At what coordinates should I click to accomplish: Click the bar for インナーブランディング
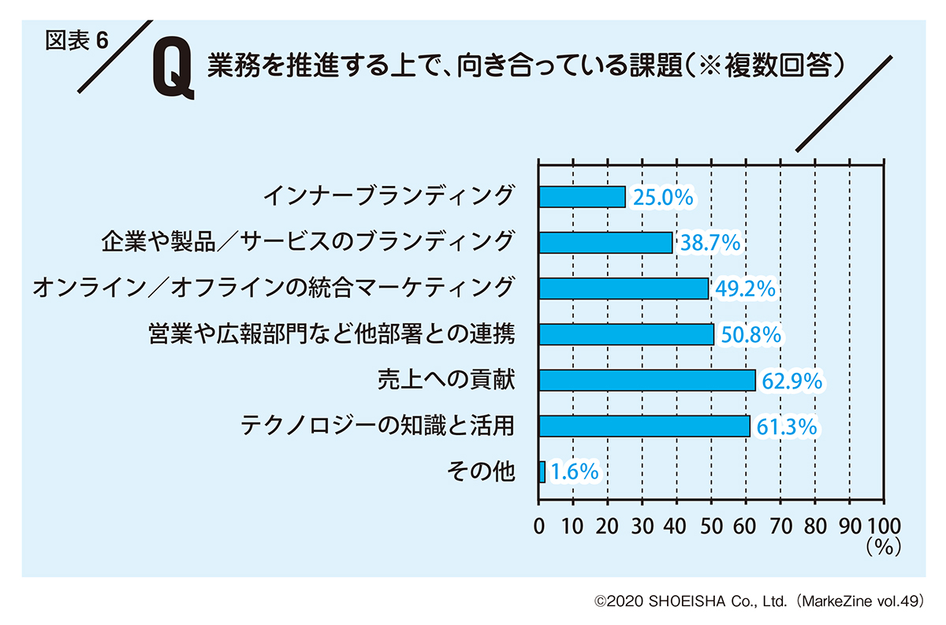click(x=582, y=196)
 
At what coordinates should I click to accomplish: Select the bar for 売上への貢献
click(x=646, y=381)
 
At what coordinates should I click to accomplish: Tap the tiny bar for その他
click(x=542, y=472)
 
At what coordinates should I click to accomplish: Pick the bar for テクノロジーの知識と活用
click(x=644, y=426)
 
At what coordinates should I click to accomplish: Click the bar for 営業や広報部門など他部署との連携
click(x=626, y=334)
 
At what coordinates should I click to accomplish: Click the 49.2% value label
click(x=744, y=289)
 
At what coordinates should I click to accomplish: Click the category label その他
click(x=480, y=472)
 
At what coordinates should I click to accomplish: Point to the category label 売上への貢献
click(x=446, y=381)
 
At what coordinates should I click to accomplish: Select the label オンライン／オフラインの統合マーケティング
click(x=274, y=288)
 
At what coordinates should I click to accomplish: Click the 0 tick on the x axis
click(x=539, y=526)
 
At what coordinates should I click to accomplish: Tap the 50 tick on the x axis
click(x=711, y=526)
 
